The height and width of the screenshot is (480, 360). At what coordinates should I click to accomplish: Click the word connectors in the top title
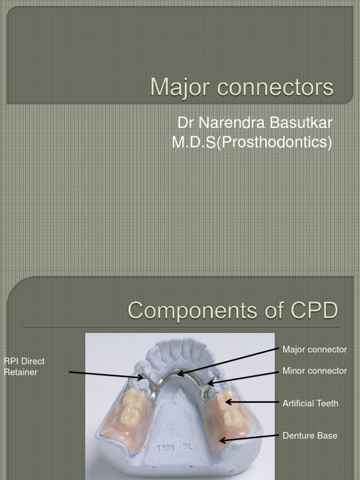[272, 87]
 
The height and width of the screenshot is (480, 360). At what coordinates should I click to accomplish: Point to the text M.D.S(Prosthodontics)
[252, 142]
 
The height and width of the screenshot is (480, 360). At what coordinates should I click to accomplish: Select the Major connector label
[315, 350]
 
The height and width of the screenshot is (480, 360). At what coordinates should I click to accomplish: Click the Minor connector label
[315, 371]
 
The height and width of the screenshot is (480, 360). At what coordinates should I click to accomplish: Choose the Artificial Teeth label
[310, 403]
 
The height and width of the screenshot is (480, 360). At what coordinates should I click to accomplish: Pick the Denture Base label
[310, 435]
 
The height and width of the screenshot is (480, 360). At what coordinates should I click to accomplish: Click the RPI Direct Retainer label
[24, 367]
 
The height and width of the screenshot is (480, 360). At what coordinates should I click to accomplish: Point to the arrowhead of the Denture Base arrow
[221, 440]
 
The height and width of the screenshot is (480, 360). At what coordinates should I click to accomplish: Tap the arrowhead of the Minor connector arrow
[210, 384]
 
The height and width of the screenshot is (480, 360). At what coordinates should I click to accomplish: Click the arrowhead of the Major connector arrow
[179, 374]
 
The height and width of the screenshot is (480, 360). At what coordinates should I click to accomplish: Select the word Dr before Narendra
[185, 123]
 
